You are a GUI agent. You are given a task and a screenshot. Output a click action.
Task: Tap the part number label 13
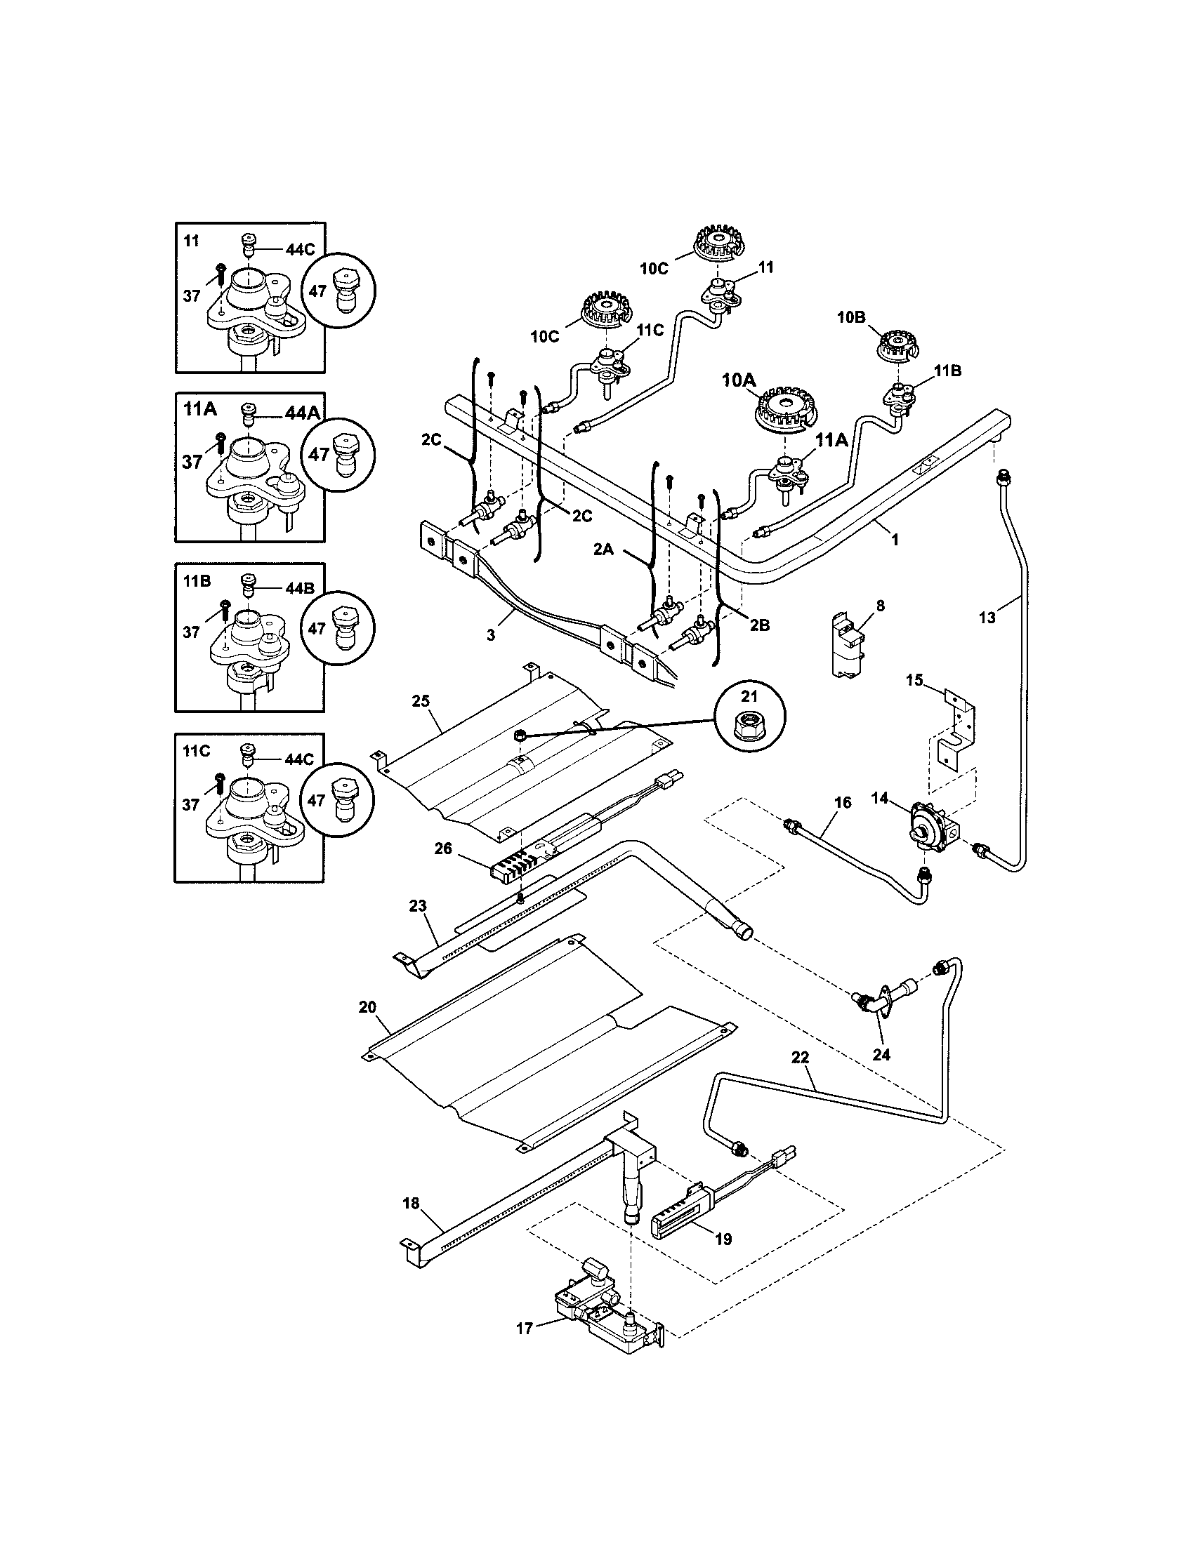pos(987,618)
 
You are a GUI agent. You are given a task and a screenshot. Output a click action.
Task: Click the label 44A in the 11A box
pos(302,413)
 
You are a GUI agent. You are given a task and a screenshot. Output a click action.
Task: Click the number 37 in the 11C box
pos(191,804)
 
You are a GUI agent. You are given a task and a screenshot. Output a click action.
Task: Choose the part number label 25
pos(421,700)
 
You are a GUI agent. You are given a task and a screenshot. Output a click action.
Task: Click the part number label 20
pos(367,1007)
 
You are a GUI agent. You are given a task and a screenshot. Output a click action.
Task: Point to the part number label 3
pos(491,635)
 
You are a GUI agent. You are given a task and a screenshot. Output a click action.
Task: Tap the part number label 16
pos(842,802)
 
